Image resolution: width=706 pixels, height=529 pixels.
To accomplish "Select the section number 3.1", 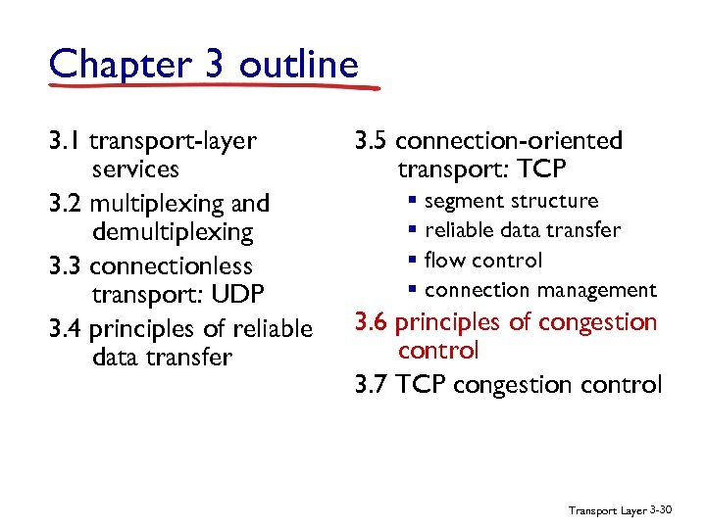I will click(66, 141).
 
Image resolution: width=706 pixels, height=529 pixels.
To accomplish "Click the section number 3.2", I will click(66, 204).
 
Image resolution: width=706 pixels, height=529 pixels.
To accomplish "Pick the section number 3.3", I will click(66, 266).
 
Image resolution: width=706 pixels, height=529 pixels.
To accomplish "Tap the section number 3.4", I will click(66, 329).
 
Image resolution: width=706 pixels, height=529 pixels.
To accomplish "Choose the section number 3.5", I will click(372, 141).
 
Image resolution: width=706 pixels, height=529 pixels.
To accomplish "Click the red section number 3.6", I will click(372, 321).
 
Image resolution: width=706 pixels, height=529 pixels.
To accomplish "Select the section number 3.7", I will click(372, 384).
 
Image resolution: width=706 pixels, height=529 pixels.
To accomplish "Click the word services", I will click(135, 169).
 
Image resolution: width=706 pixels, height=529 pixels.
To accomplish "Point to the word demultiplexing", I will click(173, 233).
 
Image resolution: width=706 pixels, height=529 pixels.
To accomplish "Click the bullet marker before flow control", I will click(415, 261).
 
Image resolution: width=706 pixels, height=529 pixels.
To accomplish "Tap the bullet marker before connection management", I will click(415, 290).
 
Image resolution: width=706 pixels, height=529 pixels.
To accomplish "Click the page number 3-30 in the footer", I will click(661, 509).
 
